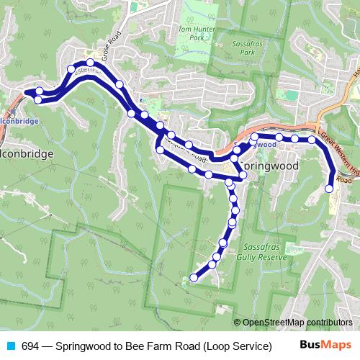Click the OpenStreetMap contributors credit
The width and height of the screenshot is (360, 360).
click(297, 323)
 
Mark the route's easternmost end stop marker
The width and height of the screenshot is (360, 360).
click(329, 189)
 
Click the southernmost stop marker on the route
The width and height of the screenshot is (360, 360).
click(194, 277)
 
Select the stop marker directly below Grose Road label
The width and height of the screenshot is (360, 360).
click(90, 63)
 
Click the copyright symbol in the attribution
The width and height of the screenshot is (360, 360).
click(238, 323)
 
